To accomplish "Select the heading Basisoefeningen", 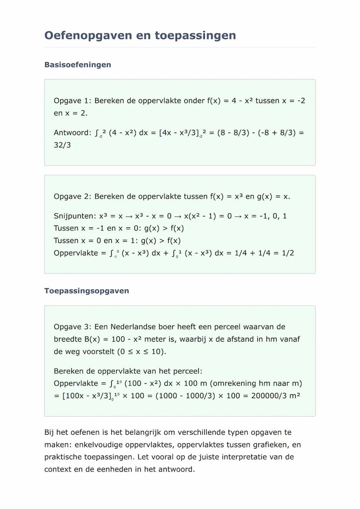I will point(77,65).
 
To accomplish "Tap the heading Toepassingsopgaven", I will point(87,291).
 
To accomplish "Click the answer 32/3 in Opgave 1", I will point(62,145).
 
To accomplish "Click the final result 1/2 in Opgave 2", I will point(287,253).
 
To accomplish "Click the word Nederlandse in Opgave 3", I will point(135,327).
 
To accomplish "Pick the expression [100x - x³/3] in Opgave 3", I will point(83,396).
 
